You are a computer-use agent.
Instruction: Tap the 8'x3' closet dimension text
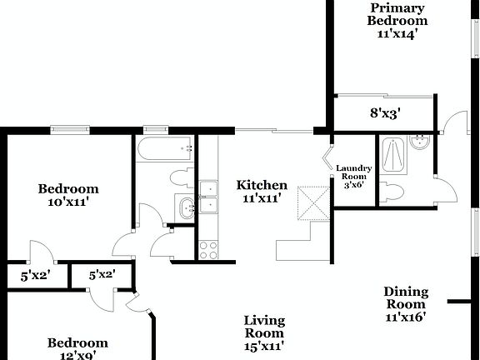(x=385, y=113)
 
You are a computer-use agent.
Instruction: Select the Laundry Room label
(x=352, y=177)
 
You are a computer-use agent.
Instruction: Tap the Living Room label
(x=264, y=327)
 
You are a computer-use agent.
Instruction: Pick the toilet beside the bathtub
(x=177, y=177)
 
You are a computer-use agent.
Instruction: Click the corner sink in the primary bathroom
(x=422, y=144)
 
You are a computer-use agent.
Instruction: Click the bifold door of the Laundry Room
(x=327, y=158)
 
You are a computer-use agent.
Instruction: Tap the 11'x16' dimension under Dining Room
(x=406, y=317)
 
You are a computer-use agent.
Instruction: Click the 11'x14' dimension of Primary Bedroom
(x=400, y=34)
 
